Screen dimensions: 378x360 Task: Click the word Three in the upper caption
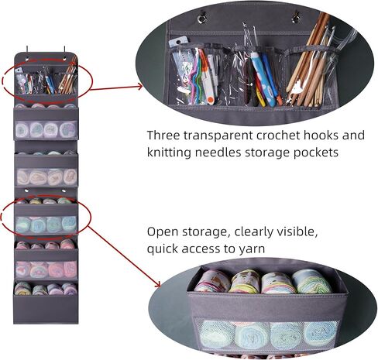coord(163,135)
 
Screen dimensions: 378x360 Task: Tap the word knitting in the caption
coord(169,153)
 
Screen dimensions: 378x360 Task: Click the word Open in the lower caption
coord(163,232)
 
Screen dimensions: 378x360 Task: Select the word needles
coord(218,153)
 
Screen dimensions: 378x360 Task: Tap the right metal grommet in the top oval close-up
coord(295,18)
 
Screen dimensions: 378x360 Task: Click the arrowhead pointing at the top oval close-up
coord(139,87)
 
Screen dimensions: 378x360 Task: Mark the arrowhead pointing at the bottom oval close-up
coord(157,284)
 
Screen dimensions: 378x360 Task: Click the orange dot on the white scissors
coord(211,99)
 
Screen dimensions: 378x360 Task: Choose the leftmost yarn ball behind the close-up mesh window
coord(218,334)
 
